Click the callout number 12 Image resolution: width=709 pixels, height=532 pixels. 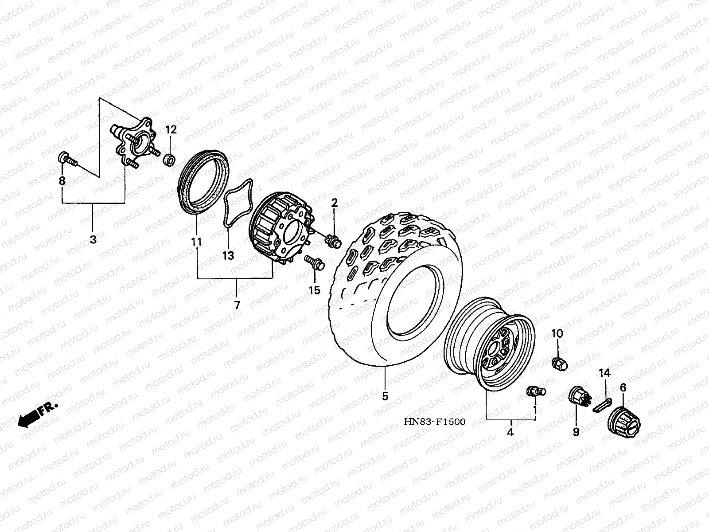tap(171, 130)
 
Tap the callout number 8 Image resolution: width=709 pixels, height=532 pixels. tap(62, 181)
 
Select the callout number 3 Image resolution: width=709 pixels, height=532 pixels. tap(93, 240)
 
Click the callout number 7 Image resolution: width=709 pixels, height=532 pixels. tap(237, 305)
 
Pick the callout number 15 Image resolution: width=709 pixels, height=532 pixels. tap(314, 290)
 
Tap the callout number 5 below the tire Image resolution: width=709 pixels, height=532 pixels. tap(385, 396)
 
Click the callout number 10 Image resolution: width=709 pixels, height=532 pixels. tap(557, 333)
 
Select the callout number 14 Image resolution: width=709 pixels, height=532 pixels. tap(605, 373)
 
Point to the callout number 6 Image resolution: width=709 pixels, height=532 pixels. tap(623, 388)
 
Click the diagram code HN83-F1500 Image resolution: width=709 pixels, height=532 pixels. tap(434, 422)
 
